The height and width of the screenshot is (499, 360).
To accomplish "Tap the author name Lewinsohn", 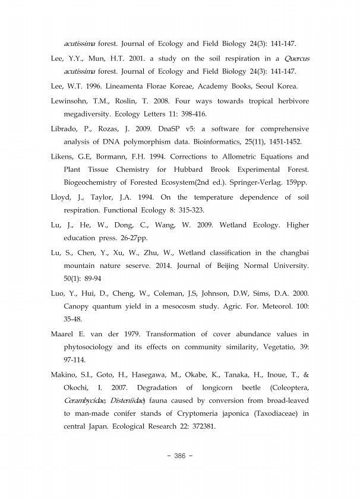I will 72,100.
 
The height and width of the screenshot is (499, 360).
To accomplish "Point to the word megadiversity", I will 89,113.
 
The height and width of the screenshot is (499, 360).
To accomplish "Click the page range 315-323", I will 176,210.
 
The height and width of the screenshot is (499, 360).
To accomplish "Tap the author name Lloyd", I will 62,197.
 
